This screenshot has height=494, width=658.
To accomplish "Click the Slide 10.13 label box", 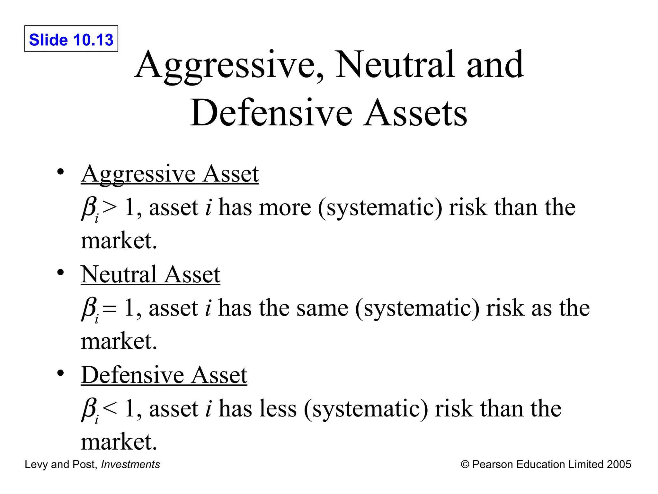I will (71, 39).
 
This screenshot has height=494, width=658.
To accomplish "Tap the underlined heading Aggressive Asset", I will (170, 174).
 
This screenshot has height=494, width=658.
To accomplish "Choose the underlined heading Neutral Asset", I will (150, 275).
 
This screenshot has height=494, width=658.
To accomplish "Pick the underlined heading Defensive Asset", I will (164, 376).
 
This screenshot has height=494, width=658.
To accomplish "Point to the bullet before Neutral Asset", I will (60, 273).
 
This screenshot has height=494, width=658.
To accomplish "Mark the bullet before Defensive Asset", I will (60, 373).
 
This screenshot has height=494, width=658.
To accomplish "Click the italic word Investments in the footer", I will (130, 464).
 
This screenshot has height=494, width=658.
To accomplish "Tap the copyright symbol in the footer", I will (465, 464).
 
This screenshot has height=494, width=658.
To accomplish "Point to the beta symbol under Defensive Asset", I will (89, 409).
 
